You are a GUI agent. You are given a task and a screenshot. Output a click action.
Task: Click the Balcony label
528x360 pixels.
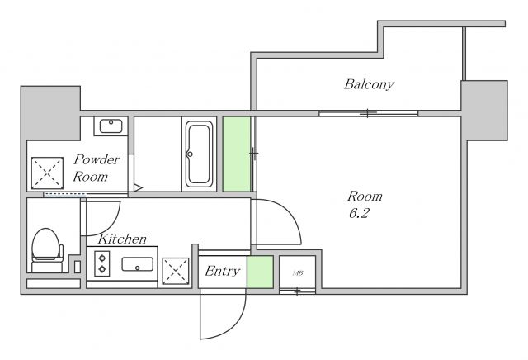coord(369,84)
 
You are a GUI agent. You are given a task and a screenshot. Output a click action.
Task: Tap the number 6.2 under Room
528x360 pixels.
coord(359,213)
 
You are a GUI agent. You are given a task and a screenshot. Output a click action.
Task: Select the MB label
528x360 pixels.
coord(298,273)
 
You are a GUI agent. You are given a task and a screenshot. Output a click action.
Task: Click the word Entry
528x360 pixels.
coord(222,272)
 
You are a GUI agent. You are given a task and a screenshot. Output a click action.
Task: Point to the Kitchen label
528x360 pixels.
coord(122,239)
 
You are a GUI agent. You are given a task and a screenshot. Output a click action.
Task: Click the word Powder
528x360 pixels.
coord(97,159)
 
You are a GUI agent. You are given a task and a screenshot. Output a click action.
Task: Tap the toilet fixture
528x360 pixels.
coord(47,250)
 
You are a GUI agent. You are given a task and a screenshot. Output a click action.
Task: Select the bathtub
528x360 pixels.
coord(200,154)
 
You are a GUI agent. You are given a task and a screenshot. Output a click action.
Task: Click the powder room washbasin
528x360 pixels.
coord(111,126)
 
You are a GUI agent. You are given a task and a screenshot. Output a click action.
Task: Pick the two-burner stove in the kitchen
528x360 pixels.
coord(102,264)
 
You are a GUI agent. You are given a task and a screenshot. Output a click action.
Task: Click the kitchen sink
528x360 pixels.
coord(138,264)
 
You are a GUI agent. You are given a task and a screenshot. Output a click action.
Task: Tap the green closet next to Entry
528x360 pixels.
coord(260,272)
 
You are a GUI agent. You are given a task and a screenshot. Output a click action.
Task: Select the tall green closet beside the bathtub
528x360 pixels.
coord(237,154)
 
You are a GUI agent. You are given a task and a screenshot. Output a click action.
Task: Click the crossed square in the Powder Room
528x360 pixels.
coord(47,173)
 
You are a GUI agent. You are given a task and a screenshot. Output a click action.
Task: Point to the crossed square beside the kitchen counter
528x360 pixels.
coord(176,271)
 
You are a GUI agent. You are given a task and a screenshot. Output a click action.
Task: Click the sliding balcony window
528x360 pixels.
coord(369,113)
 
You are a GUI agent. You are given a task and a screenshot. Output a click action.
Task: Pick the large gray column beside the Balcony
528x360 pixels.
coord(484,110)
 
